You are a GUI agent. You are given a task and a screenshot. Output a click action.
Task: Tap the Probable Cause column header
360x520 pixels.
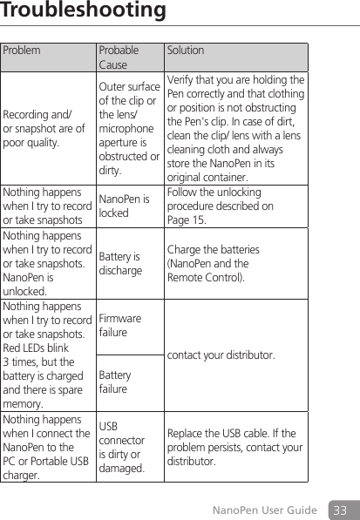pos(118,57)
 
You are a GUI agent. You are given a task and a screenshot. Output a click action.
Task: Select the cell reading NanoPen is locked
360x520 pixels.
pos(123,206)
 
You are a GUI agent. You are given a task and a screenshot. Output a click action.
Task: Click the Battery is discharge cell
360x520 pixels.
pos(120,264)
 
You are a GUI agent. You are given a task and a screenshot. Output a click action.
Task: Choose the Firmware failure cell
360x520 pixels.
pos(120,326)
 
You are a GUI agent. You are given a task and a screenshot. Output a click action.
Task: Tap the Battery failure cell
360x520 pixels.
pos(115,382)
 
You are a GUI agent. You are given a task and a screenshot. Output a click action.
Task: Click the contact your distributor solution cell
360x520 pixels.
pos(219,355)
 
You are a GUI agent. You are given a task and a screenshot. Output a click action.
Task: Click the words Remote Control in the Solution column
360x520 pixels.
pos(205,278)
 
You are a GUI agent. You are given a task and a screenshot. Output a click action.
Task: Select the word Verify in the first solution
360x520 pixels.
pos(179,80)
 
